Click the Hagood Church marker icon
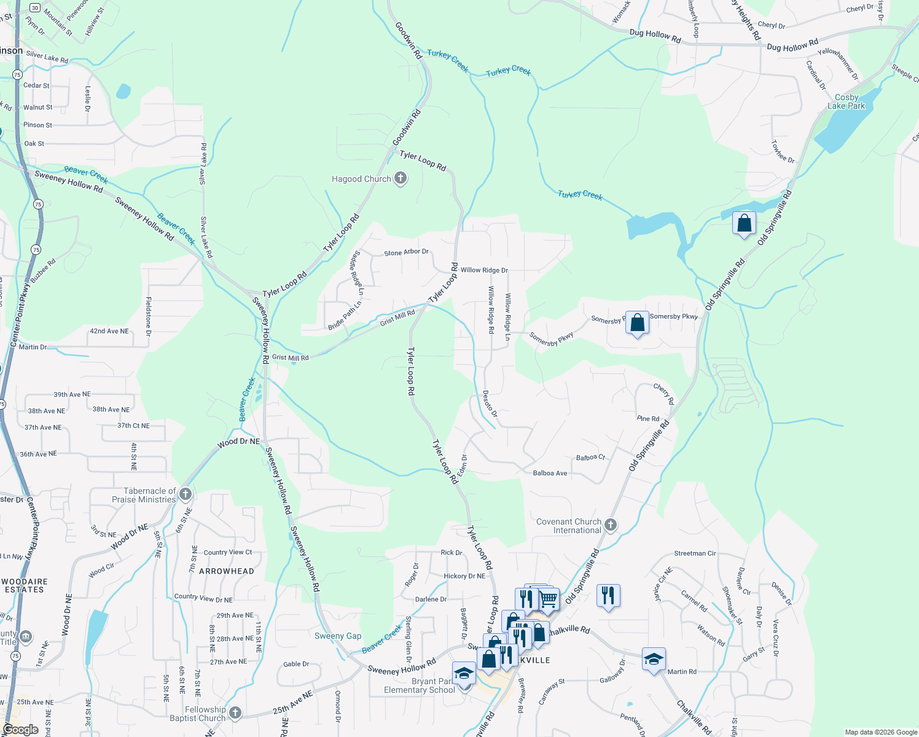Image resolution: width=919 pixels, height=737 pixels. point(401,179)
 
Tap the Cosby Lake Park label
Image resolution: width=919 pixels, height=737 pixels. point(846,101)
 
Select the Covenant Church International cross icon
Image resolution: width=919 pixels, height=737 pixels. point(610,525)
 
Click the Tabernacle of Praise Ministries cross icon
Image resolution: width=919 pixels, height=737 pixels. point(186,494)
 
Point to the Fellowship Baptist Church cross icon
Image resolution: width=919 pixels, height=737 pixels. point(235,713)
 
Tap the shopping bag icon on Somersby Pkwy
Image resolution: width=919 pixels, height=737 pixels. point(637,322)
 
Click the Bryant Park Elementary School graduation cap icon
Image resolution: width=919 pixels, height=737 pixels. point(464,674)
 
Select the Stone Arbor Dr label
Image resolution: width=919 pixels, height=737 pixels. point(406,252)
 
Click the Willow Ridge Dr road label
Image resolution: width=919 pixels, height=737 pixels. point(484,270)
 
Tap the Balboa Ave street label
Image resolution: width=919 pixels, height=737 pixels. point(550,473)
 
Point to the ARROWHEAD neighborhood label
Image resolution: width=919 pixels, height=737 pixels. point(227,571)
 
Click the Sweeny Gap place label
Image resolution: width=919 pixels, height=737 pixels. point(338,636)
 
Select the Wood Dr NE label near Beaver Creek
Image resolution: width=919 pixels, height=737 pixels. point(238,442)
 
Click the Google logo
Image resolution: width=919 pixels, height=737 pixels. point(20,730)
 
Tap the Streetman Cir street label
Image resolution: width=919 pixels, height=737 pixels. point(695,553)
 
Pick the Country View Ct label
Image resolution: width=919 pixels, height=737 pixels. point(228,552)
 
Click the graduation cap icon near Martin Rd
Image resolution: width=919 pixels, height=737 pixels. point(654,660)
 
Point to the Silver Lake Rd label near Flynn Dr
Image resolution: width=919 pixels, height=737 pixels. point(47,57)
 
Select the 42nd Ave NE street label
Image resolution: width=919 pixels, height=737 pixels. point(109,331)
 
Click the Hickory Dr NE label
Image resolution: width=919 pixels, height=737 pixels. point(464,576)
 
